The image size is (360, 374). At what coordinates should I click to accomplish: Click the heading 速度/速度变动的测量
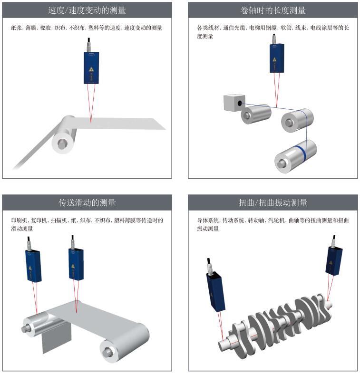click(87, 10)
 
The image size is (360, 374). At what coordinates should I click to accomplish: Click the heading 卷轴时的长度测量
click(273, 10)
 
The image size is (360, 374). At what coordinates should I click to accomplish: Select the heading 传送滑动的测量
click(87, 202)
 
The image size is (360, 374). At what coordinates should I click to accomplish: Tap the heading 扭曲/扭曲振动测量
click(273, 202)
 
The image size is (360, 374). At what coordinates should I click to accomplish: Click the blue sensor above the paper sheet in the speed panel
click(91, 68)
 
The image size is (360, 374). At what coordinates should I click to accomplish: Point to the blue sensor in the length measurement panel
click(277, 58)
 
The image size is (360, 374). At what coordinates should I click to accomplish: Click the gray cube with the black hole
click(234, 103)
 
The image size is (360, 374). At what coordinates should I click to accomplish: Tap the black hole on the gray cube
click(240, 104)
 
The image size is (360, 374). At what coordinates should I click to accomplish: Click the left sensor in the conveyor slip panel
click(33, 266)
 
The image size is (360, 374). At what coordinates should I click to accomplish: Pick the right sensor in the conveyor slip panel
click(76, 264)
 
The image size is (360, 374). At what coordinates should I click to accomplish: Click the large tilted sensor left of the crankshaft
click(215, 291)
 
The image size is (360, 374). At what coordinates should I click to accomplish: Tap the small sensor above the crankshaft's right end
click(334, 261)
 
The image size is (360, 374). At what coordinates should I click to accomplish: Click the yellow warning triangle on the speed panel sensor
click(91, 69)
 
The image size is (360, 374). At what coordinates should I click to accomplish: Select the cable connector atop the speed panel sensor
click(89, 45)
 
